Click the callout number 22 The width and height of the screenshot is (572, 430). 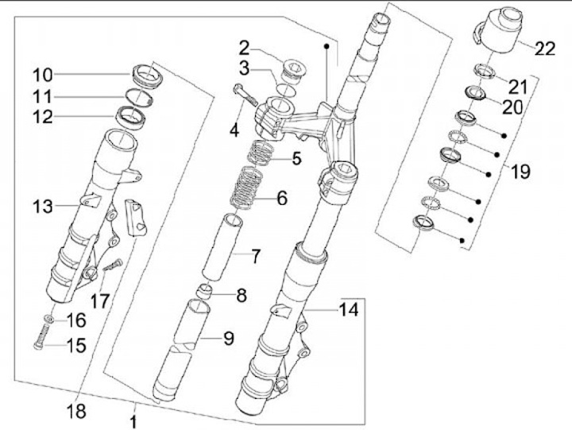click(545, 48)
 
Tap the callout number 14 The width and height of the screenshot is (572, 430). click(349, 310)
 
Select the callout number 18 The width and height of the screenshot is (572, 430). click(76, 412)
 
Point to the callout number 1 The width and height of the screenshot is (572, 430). click(134, 422)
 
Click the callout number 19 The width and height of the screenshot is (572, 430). click(520, 171)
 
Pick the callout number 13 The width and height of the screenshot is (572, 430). click(43, 207)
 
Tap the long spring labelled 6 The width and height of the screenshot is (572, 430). click(248, 186)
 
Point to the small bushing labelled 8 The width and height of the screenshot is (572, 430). click(205, 292)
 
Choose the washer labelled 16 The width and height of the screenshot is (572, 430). click(49, 319)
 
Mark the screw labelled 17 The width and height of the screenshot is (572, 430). click(113, 265)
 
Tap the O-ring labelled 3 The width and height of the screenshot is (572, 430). click(285, 89)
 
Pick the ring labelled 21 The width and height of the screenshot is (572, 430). click(485, 71)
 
